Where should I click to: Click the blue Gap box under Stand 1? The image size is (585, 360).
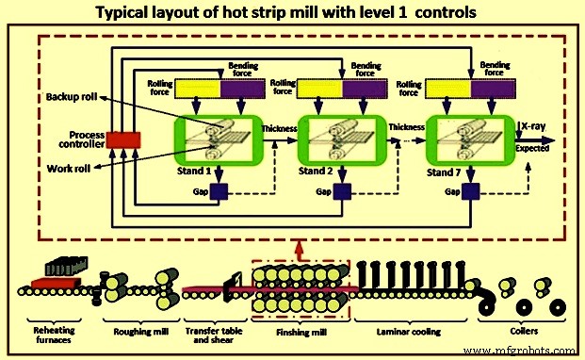[219, 192]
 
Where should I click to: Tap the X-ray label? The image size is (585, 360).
[534, 123]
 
